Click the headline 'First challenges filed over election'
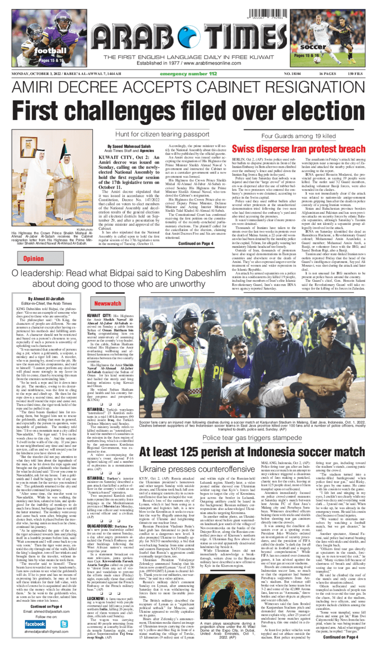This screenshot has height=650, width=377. tap(188, 110)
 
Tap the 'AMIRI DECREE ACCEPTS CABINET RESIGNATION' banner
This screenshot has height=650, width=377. tap(188, 88)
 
